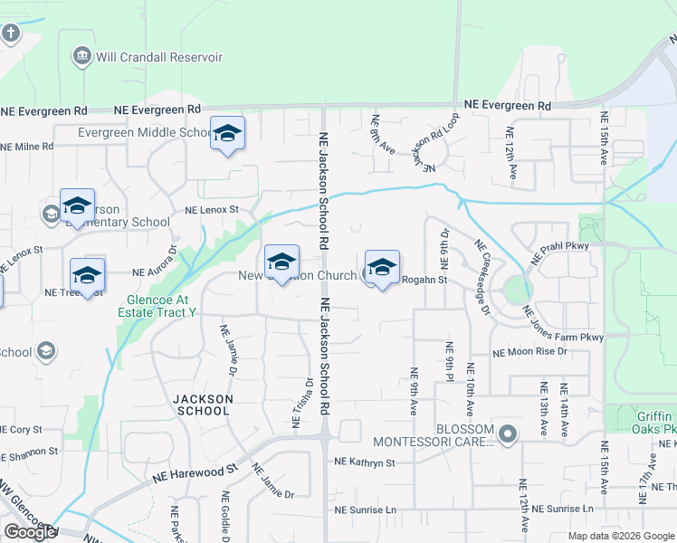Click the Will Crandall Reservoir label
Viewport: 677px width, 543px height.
click(160, 57)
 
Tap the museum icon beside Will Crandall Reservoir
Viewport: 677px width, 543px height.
click(83, 57)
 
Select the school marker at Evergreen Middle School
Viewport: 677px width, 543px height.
click(227, 134)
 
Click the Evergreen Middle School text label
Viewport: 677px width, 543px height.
click(145, 132)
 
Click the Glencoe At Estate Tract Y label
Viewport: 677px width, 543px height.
click(159, 305)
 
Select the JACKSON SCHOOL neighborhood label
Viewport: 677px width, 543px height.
click(203, 405)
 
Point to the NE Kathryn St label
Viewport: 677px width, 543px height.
click(365, 462)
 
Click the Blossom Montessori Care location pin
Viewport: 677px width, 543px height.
click(508, 435)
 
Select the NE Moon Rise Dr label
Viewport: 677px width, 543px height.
click(529, 351)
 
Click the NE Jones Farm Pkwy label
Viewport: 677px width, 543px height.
click(562, 326)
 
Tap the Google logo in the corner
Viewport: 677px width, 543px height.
click(30, 532)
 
